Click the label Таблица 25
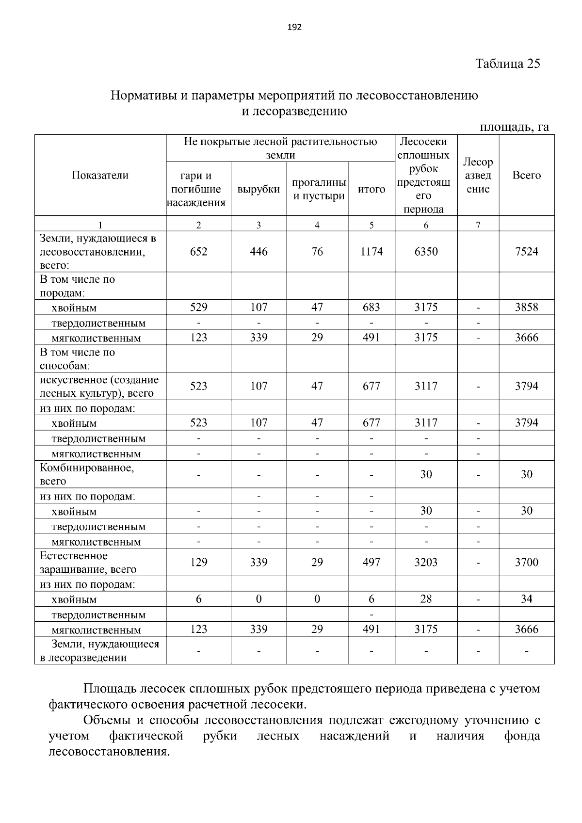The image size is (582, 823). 507,64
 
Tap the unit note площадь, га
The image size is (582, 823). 514,127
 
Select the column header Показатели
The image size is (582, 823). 100,175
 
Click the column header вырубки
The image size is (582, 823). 259,189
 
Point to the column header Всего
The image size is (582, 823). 526,175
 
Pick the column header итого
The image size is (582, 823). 372,189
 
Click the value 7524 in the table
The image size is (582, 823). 526,251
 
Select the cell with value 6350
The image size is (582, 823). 426,251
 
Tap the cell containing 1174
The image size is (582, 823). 372,251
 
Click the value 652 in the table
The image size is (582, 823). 198,251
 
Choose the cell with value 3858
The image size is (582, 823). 526,307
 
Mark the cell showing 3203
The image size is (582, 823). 426,562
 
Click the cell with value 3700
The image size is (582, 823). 526,562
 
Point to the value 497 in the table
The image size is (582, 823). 372,562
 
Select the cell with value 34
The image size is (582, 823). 526,599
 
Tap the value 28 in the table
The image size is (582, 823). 426,599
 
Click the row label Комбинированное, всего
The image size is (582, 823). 87,474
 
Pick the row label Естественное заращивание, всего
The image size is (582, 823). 88,563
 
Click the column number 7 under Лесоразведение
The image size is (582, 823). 478,225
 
